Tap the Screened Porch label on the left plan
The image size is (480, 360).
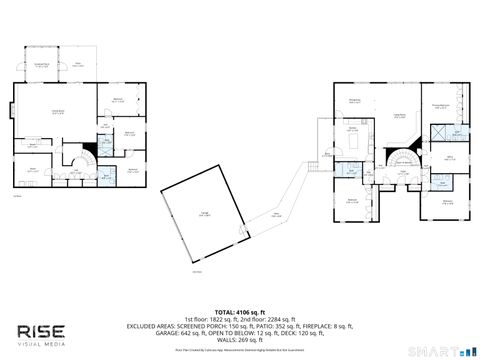pyautogui.click(x=43, y=64)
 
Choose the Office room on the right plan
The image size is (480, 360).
pyautogui.click(x=450, y=156)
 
